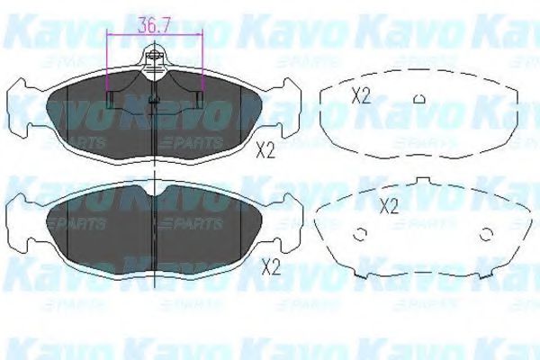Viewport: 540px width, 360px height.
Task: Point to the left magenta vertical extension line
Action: [108, 67]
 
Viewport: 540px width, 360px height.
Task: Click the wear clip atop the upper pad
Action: [155, 61]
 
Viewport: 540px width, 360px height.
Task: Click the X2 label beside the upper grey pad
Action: [265, 150]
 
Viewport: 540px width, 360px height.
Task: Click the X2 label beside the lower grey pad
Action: [269, 265]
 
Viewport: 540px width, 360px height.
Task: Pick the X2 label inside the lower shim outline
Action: [388, 205]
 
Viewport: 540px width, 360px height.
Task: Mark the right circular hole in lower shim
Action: [487, 236]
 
